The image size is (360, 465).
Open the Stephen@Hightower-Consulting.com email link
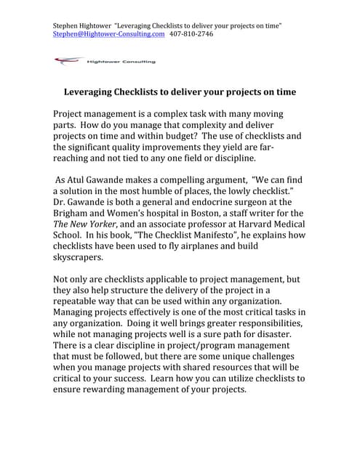pyautogui.click(x=109, y=34)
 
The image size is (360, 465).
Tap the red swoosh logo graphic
pyautogui.click(x=68, y=62)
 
